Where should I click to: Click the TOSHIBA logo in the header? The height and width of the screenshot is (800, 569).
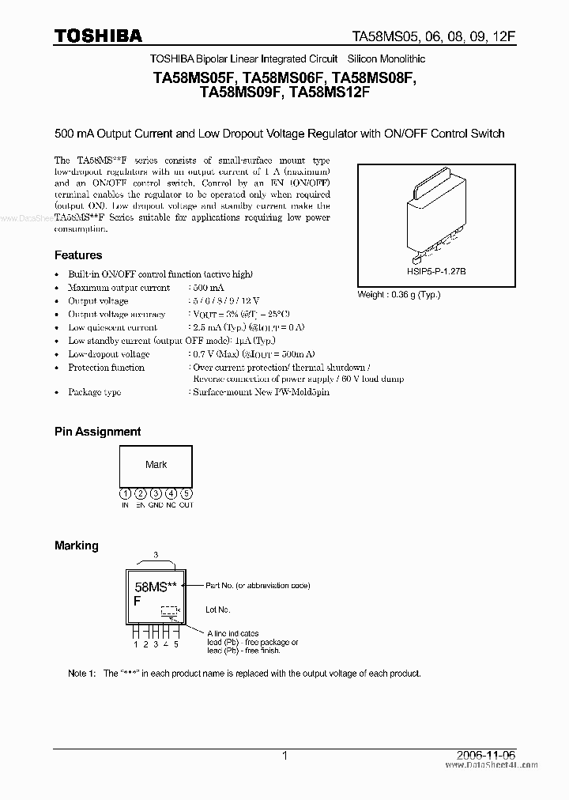[98, 36]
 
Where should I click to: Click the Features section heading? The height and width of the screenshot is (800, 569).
[78, 255]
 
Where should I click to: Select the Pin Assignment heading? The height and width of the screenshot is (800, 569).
[97, 432]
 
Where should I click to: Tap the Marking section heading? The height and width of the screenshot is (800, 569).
[76, 545]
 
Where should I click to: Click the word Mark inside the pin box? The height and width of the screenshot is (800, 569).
[156, 465]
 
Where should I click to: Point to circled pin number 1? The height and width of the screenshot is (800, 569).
[126, 494]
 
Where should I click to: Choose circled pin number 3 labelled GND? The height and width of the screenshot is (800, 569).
[156, 494]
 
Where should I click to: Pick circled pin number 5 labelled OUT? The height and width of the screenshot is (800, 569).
[186, 494]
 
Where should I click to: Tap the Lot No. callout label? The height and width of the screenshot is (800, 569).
[218, 609]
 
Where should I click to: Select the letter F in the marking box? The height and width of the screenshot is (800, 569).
[137, 601]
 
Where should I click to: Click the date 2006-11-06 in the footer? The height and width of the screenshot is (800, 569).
[494, 756]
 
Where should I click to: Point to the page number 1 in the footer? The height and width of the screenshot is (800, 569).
[284, 756]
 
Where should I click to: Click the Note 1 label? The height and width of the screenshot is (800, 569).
[82, 674]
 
